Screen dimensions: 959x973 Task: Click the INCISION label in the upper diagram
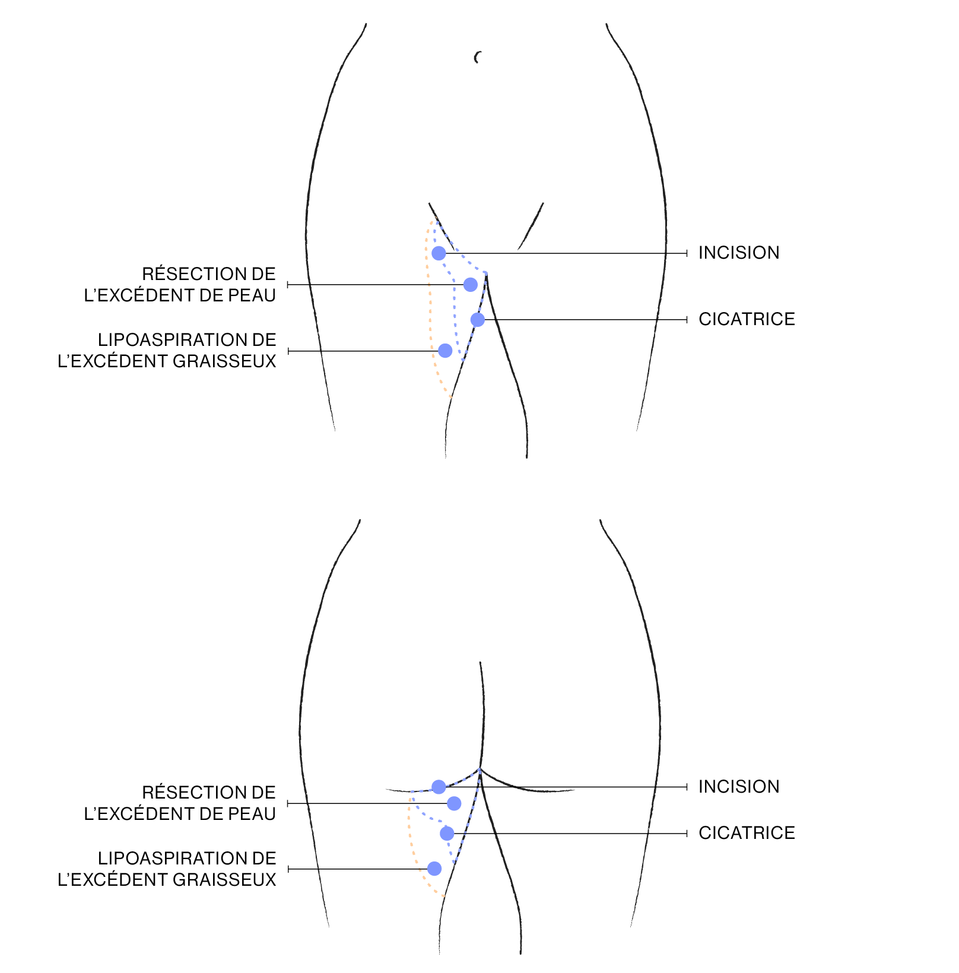[x=738, y=253]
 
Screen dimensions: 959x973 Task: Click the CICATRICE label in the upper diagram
[x=747, y=319]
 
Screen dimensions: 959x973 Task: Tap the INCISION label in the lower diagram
[x=738, y=787]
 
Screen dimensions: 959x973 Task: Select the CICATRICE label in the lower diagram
[x=747, y=833]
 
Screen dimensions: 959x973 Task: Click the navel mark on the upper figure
[x=477, y=57]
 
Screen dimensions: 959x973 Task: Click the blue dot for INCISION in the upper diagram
[x=439, y=253]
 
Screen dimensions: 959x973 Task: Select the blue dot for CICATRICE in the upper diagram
[x=478, y=320]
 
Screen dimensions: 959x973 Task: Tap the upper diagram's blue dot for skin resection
[x=470, y=285]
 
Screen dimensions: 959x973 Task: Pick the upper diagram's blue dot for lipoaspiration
[x=445, y=351]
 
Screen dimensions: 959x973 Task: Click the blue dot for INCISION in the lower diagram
[x=439, y=787]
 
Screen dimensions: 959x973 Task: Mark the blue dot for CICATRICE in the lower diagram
[x=447, y=834]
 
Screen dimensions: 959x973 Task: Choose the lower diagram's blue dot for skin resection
[x=454, y=803]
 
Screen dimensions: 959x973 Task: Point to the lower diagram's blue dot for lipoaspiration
[x=434, y=869]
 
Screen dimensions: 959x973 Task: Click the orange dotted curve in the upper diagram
[x=429, y=309]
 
